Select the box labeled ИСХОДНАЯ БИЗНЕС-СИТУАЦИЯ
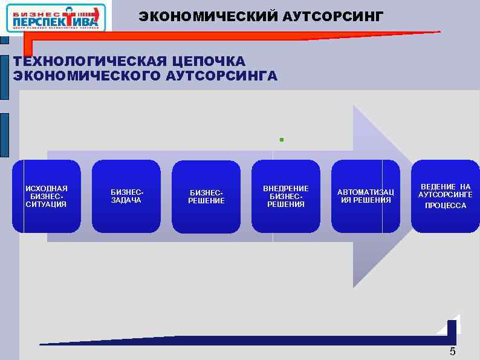coord(46,196)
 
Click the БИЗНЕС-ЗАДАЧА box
coord(126,196)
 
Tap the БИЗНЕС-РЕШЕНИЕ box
coord(206,197)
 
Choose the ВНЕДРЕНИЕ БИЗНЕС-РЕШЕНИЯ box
coord(285,196)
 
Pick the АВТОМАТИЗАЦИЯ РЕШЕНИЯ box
coord(365,196)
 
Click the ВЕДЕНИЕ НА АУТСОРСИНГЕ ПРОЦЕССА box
coord(445,196)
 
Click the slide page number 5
coord(452,352)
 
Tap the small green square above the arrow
coord(281,140)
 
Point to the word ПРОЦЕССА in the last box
coord(445,206)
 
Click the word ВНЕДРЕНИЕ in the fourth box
coord(285,189)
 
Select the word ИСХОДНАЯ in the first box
coord(46,189)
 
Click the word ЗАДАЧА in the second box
coord(126,200)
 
